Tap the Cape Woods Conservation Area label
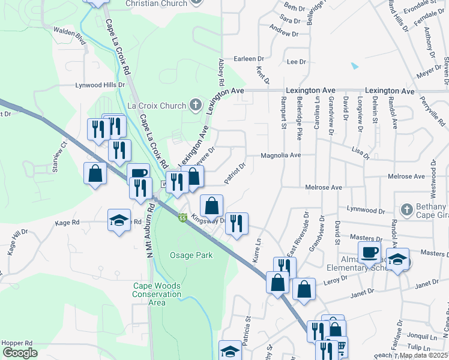coord(157,294)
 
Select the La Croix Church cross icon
coord(195,106)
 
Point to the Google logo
coord(20,353)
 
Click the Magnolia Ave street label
coord(280,155)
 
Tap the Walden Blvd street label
coord(70,36)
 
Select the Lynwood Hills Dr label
coord(100,85)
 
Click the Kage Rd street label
coord(67,223)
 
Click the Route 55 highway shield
coord(182,218)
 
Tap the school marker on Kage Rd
coord(119,220)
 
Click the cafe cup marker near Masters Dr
coord(369,252)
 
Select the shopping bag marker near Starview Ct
coord(95,173)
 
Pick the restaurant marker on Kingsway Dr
coord(236,224)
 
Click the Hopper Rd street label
coord(16,344)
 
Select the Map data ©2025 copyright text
coord(424,355)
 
